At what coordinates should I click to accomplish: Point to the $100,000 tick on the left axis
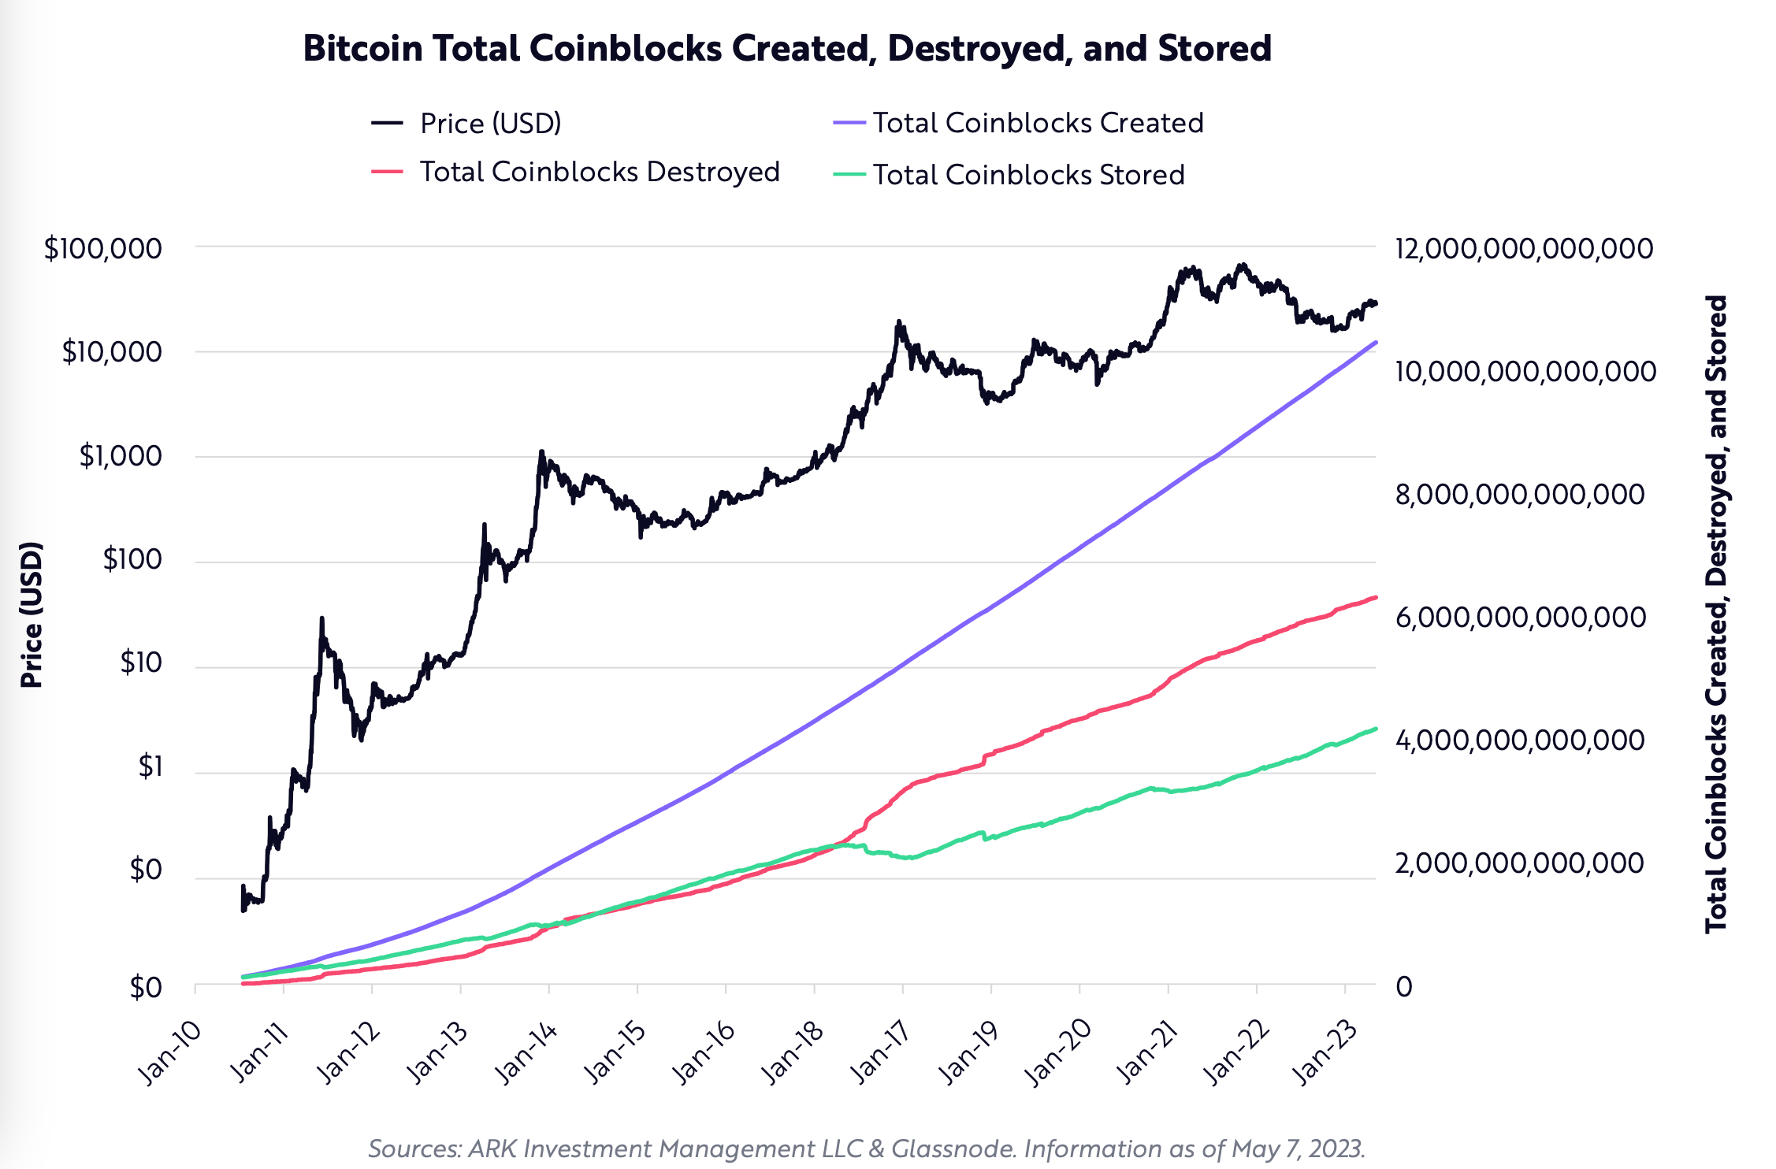(x=103, y=249)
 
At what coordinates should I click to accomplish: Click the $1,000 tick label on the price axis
(x=121, y=456)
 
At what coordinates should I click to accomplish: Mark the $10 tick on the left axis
(x=140, y=663)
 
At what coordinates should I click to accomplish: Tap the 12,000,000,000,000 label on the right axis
(x=1523, y=249)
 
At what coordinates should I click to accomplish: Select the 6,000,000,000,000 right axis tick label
(x=1520, y=618)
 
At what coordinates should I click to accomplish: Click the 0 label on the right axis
(x=1404, y=987)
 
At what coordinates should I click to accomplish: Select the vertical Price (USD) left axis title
(x=32, y=614)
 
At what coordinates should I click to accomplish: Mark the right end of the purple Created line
(x=1375, y=343)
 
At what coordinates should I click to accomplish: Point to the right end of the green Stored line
(x=1375, y=729)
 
